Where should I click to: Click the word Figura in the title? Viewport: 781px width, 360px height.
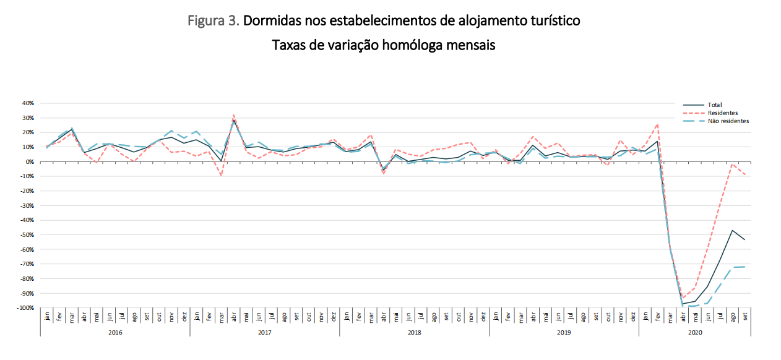click(x=207, y=20)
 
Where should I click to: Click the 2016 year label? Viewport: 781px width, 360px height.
click(x=115, y=332)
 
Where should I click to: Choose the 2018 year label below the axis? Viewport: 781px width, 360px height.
click(x=414, y=332)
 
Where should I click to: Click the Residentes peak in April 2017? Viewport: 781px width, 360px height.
click(x=233, y=114)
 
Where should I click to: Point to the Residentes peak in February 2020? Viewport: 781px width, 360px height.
click(x=657, y=124)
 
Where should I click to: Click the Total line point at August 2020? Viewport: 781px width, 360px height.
click(x=732, y=230)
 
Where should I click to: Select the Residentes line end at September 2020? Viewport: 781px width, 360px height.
click(x=744, y=176)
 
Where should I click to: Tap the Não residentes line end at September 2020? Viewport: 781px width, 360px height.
click(x=744, y=267)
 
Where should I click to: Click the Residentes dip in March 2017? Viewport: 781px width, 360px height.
click(x=221, y=176)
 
